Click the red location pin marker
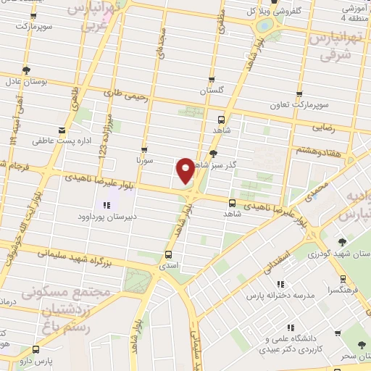pyautogui.click(x=185, y=170)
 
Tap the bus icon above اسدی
pyautogui.click(x=168, y=254)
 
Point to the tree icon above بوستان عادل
pyautogui.click(x=26, y=70)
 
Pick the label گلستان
pyautogui.click(x=212, y=91)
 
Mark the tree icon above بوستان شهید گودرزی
pyautogui.click(x=343, y=242)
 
